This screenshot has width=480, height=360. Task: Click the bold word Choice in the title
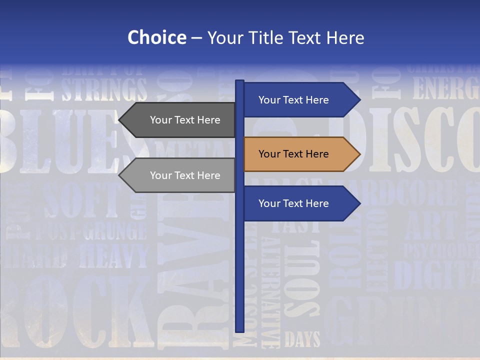pos(156,37)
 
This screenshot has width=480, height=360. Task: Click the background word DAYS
pos(302,340)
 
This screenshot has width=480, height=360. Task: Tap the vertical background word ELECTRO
pos(377,250)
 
